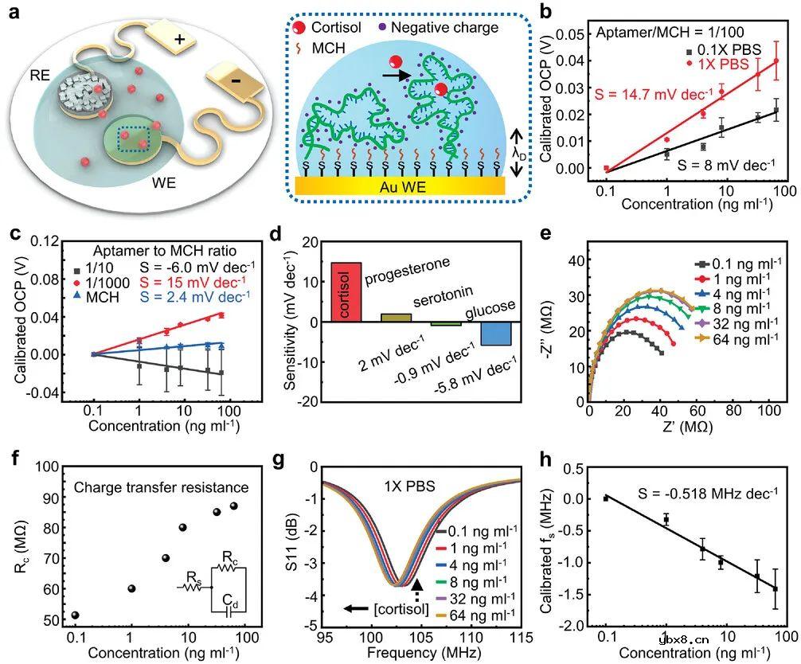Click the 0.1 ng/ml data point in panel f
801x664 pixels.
coord(75,615)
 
